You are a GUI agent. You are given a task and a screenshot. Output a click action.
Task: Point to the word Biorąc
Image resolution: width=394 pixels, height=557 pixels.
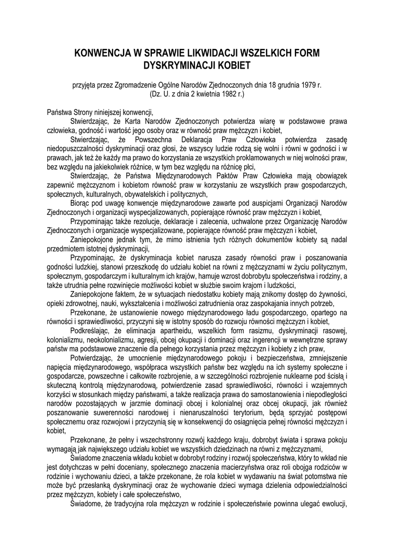pyautogui.click(x=82, y=203)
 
